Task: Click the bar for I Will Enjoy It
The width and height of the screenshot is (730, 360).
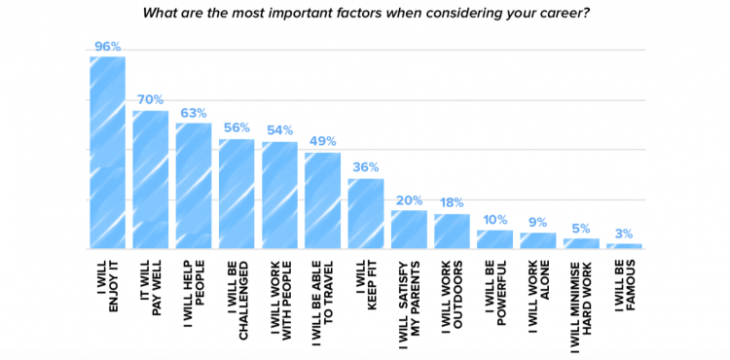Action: coord(107,153)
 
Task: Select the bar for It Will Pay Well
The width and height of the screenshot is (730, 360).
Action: coord(150,180)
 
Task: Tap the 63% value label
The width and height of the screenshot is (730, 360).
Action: coord(193,111)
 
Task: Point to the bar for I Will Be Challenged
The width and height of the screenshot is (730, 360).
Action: coord(237,195)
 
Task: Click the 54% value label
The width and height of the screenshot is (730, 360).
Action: coord(279,129)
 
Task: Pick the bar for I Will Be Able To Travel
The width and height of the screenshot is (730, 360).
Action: coord(322,201)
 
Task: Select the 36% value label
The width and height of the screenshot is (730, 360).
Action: coord(365,166)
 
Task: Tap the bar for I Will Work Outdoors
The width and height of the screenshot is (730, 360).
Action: coord(452,232)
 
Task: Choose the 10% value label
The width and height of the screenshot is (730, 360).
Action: coord(494,218)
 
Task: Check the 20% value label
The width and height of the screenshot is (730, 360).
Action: coord(409,198)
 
